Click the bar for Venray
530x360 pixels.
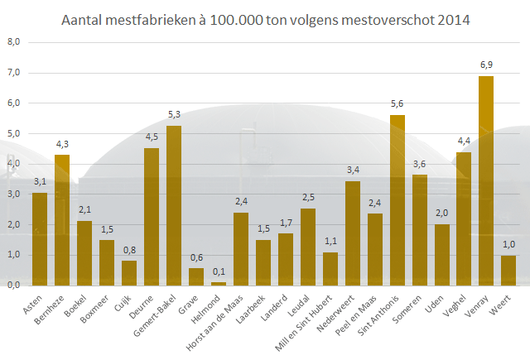(486, 180)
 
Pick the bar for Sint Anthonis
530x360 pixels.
(397, 200)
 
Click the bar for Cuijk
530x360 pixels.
(129, 273)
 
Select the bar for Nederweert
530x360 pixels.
(352, 233)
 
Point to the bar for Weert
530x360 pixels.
(508, 270)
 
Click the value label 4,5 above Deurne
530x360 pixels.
(152, 138)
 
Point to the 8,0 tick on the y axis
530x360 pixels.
(14, 42)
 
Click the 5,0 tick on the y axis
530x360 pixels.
(14, 133)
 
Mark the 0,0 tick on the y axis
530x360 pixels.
(14, 285)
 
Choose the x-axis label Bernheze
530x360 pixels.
(51, 305)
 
